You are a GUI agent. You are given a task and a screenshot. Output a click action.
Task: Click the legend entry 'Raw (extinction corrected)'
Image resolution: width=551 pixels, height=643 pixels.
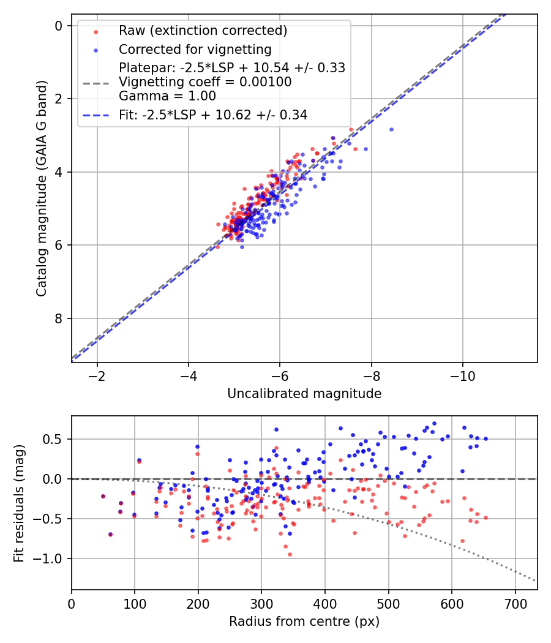pyautogui.click(x=203, y=31)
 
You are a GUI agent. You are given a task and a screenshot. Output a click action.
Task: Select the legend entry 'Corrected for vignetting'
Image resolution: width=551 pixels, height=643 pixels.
pyautogui.click(x=195, y=49)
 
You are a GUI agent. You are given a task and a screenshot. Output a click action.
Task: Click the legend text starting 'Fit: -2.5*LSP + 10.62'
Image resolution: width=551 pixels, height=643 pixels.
pyautogui.click(x=213, y=115)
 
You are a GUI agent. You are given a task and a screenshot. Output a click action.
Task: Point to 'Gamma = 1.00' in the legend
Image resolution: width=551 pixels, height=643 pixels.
pyautogui.click(x=167, y=96)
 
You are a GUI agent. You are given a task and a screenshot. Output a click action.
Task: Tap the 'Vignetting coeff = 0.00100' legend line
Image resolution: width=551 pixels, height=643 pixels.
pyautogui.click(x=205, y=81)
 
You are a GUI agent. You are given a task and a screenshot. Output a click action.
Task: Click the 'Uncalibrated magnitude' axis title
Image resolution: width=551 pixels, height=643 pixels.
pyautogui.click(x=304, y=394)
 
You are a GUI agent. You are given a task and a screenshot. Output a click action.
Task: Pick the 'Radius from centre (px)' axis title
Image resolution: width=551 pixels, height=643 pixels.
pyautogui.click(x=304, y=622)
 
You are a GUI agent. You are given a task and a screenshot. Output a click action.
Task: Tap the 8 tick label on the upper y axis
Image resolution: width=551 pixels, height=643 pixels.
pyautogui.click(x=59, y=318)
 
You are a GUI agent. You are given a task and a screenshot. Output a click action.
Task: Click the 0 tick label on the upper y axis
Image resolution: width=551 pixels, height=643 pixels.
pyautogui.click(x=59, y=26)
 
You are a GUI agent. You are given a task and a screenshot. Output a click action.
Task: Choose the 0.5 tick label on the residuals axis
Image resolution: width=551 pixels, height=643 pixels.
pyautogui.click(x=54, y=439)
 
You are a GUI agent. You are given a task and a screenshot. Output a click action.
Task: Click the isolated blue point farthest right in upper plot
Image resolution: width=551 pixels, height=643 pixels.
pyautogui.click(x=391, y=129)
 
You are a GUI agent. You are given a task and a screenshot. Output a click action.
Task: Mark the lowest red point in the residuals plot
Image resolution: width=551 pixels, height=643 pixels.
pyautogui.click(x=290, y=554)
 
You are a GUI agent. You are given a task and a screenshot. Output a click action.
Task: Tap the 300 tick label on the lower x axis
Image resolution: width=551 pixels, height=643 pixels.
pyautogui.click(x=261, y=603)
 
